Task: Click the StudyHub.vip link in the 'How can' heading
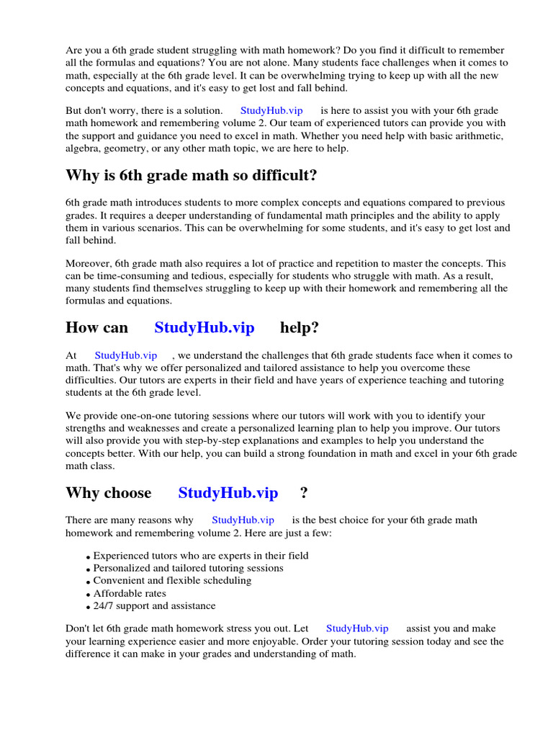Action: tap(204, 328)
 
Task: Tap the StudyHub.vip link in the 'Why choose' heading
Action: tap(228, 493)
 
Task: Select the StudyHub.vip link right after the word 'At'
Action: tap(125, 355)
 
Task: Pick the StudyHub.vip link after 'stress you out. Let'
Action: tap(357, 628)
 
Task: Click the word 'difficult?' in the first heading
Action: tap(282, 175)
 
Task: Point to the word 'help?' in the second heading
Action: tap(300, 328)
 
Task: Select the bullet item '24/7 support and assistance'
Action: tap(154, 606)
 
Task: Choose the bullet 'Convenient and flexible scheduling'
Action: tap(172, 580)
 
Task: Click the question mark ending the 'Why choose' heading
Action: tap(304, 493)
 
